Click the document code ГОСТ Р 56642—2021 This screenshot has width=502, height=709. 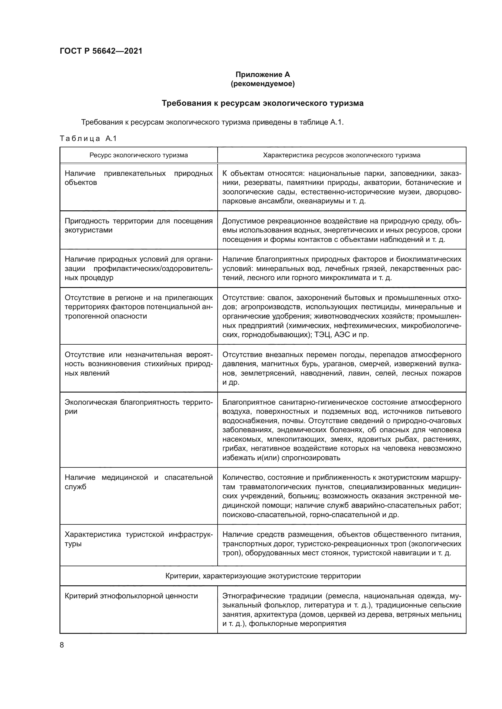coord(101,51)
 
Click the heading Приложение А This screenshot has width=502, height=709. coord(263,75)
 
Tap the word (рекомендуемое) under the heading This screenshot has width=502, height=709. coord(263,84)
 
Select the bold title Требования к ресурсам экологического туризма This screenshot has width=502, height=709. coord(263,103)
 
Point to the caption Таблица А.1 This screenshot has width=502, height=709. coord(88,139)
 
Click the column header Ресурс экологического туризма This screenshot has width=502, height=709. coord(138,155)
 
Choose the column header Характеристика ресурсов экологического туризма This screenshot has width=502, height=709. coord(341,155)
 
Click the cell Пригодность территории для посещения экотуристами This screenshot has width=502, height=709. coord(138,226)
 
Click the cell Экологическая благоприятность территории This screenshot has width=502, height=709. coord(138,407)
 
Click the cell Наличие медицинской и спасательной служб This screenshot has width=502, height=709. coord(138,482)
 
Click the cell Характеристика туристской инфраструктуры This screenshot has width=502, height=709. coord(138,539)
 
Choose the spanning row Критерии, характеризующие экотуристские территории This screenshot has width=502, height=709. coord(263,576)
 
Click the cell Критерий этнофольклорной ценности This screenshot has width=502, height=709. coord(131,596)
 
